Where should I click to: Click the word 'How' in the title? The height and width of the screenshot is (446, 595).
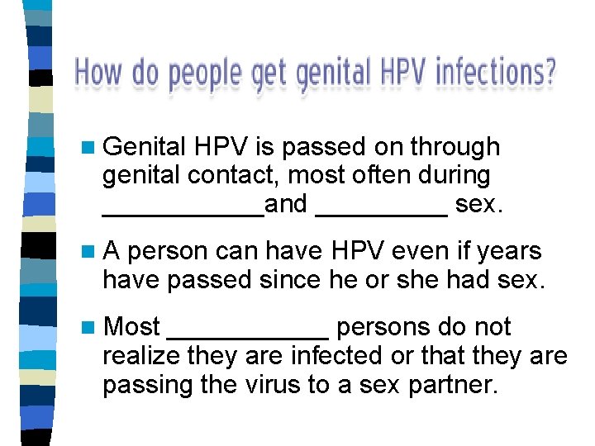tap(98, 73)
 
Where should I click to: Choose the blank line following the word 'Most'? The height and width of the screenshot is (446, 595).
tap(248, 337)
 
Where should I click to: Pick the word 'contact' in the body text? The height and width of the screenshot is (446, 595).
tap(224, 175)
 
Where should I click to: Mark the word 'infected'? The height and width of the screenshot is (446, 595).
tap(330, 356)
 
